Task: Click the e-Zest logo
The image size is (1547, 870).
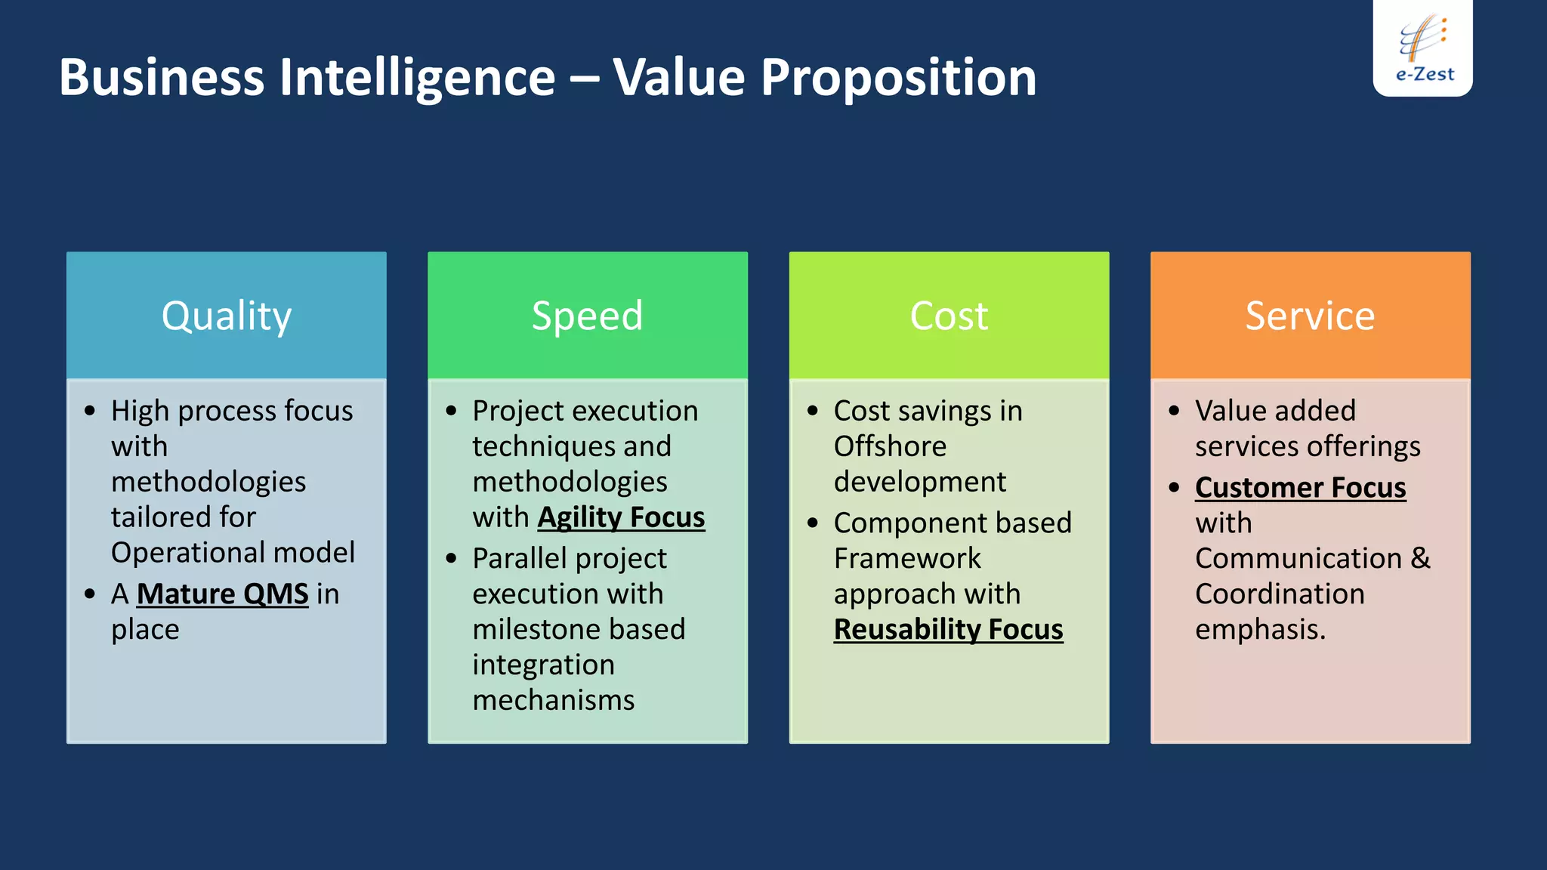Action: click(1423, 49)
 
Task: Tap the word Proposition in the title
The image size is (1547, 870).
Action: click(898, 78)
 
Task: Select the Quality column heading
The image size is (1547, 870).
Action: click(226, 316)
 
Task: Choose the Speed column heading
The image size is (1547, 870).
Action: click(587, 316)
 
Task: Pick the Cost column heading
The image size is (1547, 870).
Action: click(949, 316)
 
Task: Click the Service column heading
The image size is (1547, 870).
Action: click(1310, 316)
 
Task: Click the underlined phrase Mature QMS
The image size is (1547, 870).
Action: click(222, 594)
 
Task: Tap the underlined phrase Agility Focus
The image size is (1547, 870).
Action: click(621, 518)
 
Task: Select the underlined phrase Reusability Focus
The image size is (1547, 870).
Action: click(948, 630)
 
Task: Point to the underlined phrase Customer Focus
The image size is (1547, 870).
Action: click(1300, 488)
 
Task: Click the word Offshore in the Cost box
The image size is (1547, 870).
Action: click(890, 446)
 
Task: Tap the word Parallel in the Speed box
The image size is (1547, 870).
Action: click(519, 559)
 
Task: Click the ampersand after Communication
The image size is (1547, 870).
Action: click(1420, 559)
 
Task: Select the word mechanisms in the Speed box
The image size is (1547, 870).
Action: click(553, 701)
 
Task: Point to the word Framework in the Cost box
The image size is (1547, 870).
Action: click(906, 559)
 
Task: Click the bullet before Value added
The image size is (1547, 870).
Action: click(1174, 411)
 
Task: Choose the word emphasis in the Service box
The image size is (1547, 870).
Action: click(1259, 630)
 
